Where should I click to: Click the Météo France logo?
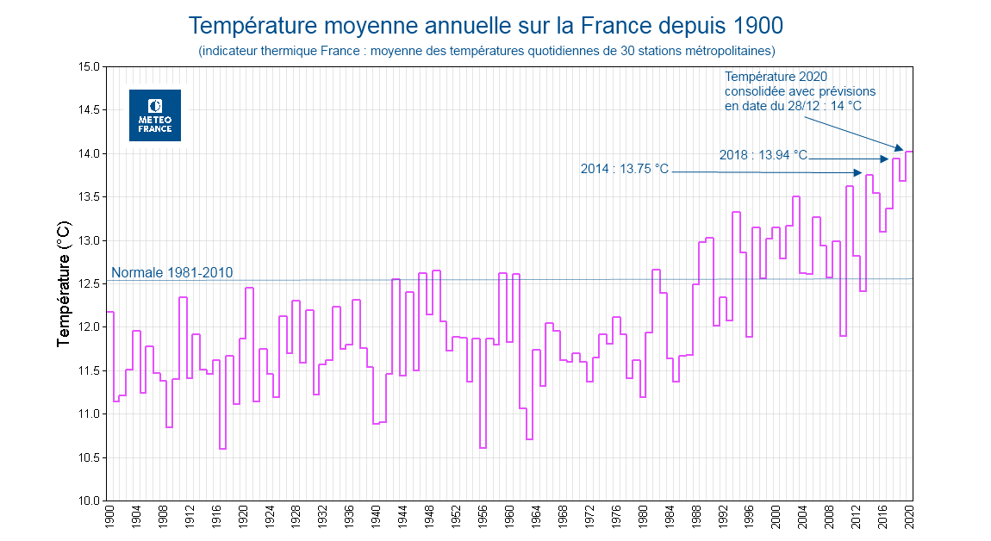pyautogui.click(x=155, y=115)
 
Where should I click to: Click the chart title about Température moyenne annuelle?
pyautogui.click(x=486, y=25)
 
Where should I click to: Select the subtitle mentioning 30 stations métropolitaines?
pyautogui.click(x=487, y=51)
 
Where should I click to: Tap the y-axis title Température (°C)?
pyautogui.click(x=64, y=283)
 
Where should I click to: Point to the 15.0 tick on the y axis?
pyautogui.click(x=89, y=66)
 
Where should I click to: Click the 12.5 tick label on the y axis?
pyautogui.click(x=89, y=283)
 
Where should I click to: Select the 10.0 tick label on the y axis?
pyautogui.click(x=89, y=501)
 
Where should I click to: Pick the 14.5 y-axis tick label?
pyautogui.click(x=89, y=110)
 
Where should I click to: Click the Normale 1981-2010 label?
pyautogui.click(x=172, y=272)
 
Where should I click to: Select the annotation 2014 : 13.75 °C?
pyautogui.click(x=625, y=169)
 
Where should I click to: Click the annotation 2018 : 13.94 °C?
pyautogui.click(x=763, y=155)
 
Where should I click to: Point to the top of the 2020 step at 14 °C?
pyautogui.click(x=909, y=152)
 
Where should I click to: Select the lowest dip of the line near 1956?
pyautogui.click(x=483, y=448)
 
